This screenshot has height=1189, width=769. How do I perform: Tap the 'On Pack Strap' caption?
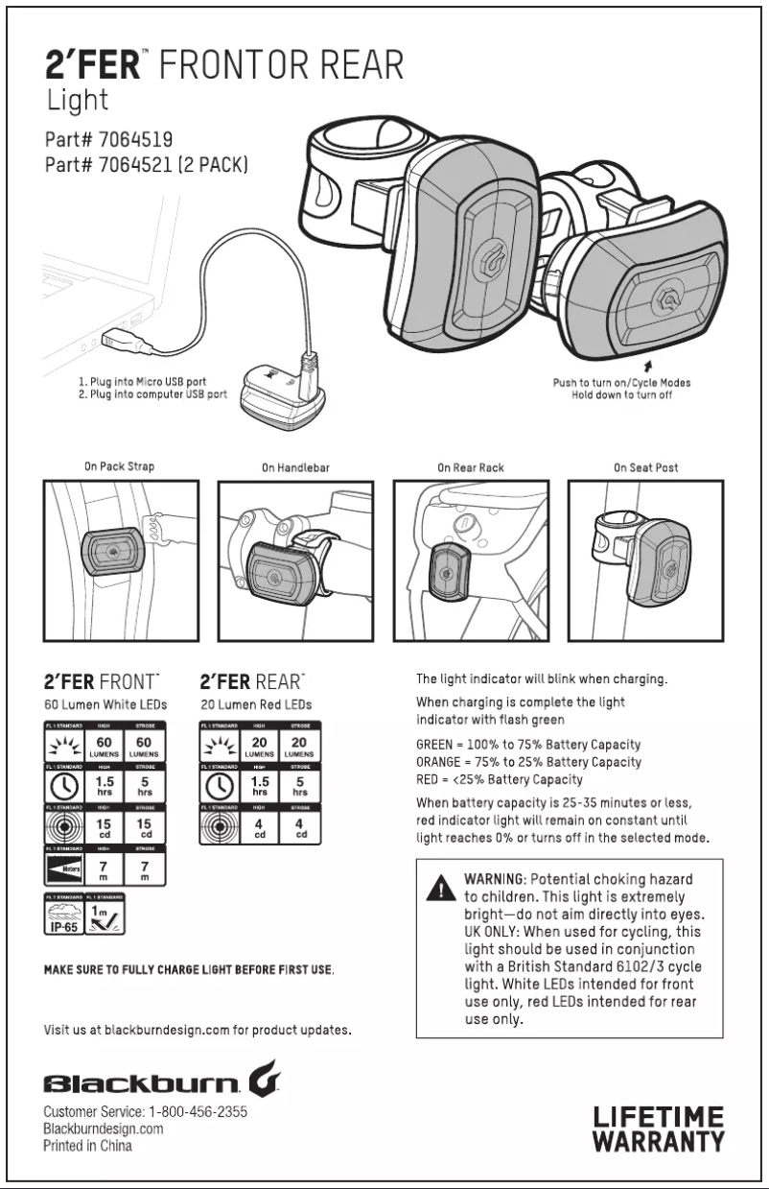click(x=119, y=467)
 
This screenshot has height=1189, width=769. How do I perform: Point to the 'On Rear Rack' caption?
click(x=471, y=468)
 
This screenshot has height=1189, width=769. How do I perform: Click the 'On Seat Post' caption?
click(x=646, y=468)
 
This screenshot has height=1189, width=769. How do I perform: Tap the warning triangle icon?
click(x=440, y=888)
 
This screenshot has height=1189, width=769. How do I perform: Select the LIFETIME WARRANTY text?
click(x=658, y=1130)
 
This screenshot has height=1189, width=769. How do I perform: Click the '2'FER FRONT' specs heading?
click(x=100, y=682)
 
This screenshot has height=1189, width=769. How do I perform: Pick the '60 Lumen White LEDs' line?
click(x=105, y=704)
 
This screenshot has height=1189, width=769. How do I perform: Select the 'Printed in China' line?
click(x=88, y=1146)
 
